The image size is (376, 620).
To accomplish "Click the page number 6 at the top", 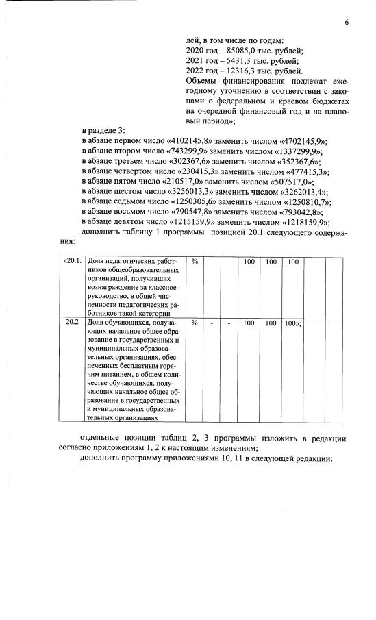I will pyautogui.click(x=347, y=23).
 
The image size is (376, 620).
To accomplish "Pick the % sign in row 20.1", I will pyautogui.click(x=195, y=262).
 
